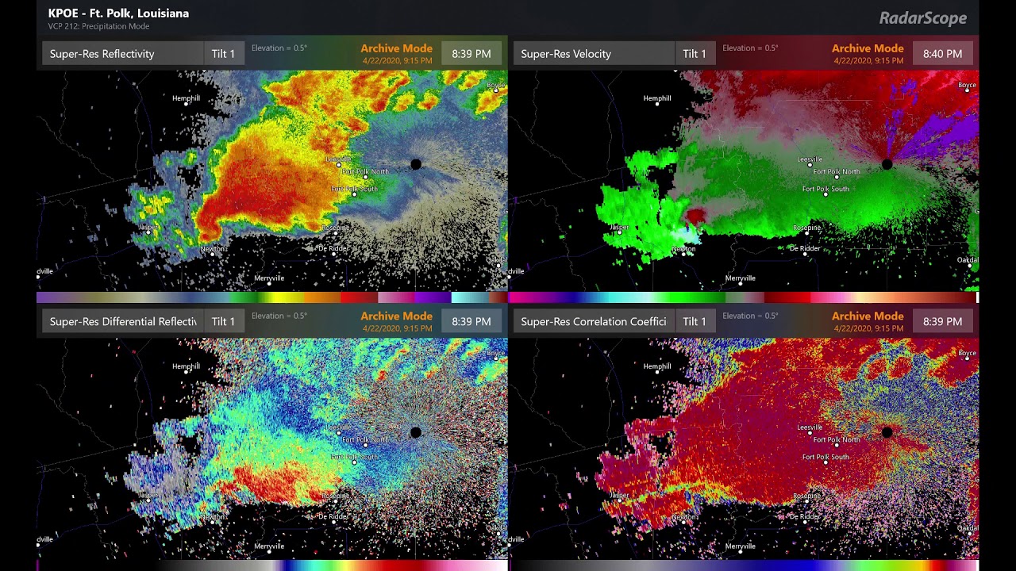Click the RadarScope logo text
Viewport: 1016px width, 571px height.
pos(922,18)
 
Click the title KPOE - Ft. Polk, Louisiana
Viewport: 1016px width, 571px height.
pos(118,13)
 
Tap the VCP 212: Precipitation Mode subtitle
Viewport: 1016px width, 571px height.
pos(98,26)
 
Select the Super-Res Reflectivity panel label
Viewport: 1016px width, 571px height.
pos(102,54)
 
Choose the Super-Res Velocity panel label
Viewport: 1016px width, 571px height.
pos(566,54)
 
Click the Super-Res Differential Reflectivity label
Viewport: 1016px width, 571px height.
pos(123,321)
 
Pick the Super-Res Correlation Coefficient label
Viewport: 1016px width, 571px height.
pos(594,321)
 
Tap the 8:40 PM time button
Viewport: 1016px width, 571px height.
pos(942,54)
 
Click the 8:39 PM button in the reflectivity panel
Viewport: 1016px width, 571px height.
pos(471,54)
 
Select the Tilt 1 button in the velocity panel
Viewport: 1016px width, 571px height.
pos(694,54)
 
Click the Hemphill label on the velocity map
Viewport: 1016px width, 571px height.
pos(657,98)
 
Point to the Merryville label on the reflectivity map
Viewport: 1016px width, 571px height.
pos(269,278)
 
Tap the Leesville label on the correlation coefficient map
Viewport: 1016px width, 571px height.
pos(810,427)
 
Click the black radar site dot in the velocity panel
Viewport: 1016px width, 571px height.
pos(887,164)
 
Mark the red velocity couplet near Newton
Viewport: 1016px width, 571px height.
pos(696,215)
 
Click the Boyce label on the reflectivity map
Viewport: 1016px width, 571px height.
pos(495,85)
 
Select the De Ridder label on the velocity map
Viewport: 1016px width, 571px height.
pos(805,248)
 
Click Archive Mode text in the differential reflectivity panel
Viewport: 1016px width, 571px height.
pos(396,316)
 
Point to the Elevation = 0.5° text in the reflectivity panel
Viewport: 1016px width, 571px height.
pos(279,48)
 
